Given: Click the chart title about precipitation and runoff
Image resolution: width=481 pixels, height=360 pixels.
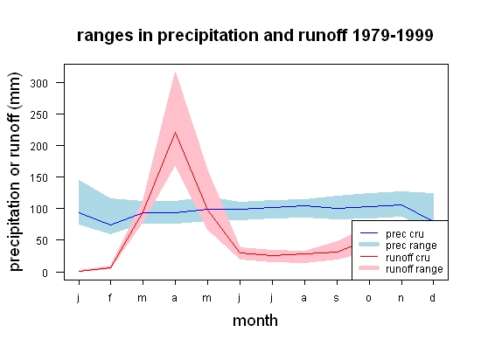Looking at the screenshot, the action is tap(254, 36).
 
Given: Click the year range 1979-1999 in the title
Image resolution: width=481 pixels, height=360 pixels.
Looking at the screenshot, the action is tap(393, 35).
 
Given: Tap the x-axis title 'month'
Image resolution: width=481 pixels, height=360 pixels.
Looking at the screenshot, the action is tap(255, 321).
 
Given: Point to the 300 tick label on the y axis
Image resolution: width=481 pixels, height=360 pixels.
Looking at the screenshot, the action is tap(39, 83).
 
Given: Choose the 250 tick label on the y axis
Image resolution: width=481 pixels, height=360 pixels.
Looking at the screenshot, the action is tap(39, 114).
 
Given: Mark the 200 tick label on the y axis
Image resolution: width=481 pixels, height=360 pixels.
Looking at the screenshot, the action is tap(39, 146).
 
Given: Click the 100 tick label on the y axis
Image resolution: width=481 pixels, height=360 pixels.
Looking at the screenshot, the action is tap(39, 209).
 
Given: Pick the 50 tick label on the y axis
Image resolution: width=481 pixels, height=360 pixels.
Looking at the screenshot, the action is tap(42, 241).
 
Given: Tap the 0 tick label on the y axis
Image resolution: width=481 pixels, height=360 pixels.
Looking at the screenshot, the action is tap(45, 273).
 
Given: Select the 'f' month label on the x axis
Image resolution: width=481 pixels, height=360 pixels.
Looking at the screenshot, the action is tap(110, 297).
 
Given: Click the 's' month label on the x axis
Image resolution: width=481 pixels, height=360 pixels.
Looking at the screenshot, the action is tap(337, 298).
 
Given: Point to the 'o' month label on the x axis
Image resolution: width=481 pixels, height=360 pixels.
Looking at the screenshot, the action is tap(369, 298).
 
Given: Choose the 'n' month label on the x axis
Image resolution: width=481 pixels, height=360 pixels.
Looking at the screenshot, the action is tap(401, 298).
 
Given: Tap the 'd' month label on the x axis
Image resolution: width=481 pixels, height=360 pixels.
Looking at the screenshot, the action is tap(433, 297).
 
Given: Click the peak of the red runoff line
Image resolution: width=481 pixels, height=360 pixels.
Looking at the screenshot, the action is tap(175, 132).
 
